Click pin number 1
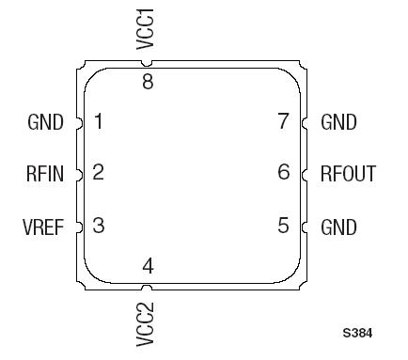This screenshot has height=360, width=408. click(98, 121)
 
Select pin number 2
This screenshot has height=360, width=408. click(98, 173)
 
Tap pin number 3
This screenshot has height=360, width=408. click(98, 226)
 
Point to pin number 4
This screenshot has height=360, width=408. click(148, 267)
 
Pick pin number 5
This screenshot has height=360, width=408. click(284, 226)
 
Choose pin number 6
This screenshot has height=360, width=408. click(284, 173)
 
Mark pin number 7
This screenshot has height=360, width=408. click(284, 121)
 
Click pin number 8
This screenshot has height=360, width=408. click(148, 82)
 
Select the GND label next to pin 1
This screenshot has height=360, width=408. click(46, 122)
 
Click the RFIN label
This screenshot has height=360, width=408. click(45, 174)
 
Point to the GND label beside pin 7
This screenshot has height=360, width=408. click(339, 122)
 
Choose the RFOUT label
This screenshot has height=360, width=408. click(347, 174)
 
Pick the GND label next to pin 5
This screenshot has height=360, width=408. click(339, 227)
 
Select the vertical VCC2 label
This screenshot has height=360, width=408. click(146, 323)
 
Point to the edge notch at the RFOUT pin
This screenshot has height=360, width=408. click(305, 174)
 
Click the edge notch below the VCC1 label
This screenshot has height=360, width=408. click(148, 65)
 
